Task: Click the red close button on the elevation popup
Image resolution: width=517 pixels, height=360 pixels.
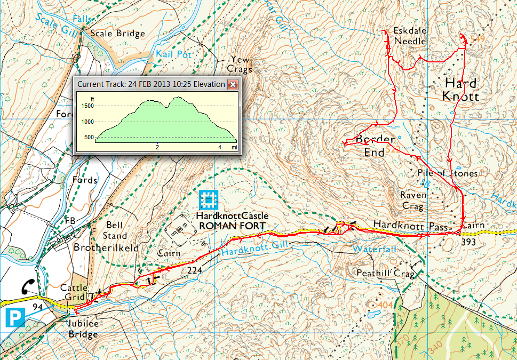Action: [233, 84]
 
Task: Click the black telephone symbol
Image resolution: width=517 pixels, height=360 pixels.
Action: [28, 286]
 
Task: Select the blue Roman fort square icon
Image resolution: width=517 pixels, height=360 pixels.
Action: [208, 200]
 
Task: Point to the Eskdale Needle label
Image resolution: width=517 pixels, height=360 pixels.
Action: [410, 36]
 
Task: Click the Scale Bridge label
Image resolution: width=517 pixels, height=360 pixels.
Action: [117, 34]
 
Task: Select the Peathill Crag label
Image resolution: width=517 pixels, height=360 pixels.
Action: [381, 273]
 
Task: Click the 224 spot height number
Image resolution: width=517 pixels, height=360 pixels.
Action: [195, 271]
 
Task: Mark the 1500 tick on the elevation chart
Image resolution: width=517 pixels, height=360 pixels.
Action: [86, 106]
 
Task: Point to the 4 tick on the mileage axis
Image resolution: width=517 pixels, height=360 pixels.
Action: [220, 147]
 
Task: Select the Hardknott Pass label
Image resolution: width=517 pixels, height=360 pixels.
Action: [410, 226]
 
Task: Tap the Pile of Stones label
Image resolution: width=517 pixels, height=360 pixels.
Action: [448, 173]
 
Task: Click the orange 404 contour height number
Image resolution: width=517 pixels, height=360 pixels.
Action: [386, 304]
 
